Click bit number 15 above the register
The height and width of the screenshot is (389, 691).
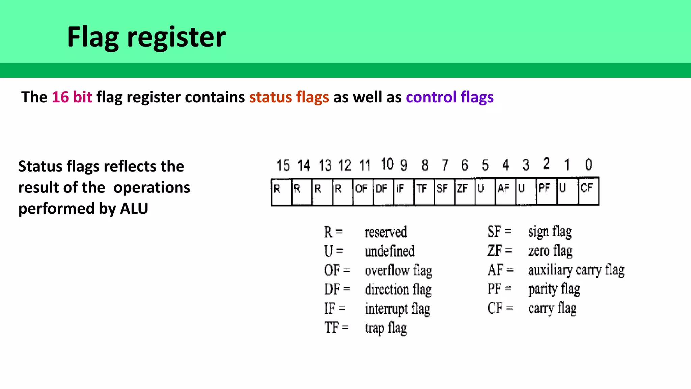pos(283,165)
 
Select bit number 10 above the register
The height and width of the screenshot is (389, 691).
pos(387,164)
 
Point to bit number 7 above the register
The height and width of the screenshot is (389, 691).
pos(445,165)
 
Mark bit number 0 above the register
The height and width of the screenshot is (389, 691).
pos(588,164)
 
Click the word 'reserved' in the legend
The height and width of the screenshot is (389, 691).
pos(386,232)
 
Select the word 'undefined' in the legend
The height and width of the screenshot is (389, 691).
pos(390,251)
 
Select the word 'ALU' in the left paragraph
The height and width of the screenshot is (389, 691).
pos(134,208)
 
